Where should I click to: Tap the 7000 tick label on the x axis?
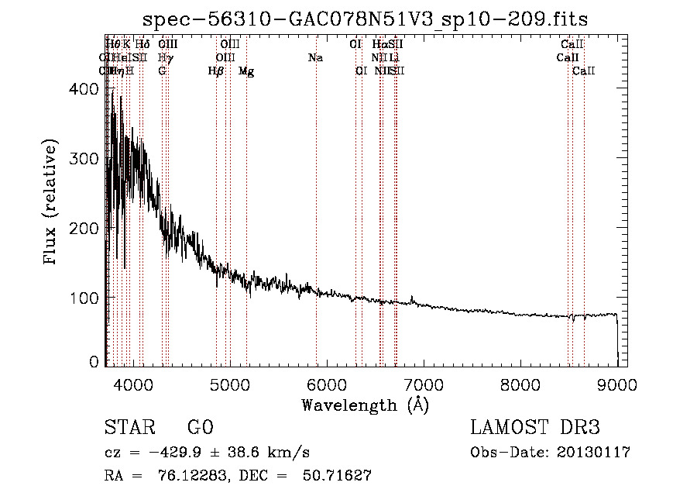(x=423, y=382)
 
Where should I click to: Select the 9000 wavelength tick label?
(x=616, y=382)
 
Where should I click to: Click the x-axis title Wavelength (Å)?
(x=365, y=405)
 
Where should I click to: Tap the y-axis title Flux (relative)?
(x=52, y=203)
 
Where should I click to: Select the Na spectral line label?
(x=315, y=58)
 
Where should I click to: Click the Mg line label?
(x=246, y=71)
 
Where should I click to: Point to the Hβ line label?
(x=216, y=71)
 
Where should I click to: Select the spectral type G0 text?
(x=200, y=429)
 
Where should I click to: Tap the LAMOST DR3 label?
(x=535, y=429)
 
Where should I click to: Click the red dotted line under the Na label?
(x=317, y=194)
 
